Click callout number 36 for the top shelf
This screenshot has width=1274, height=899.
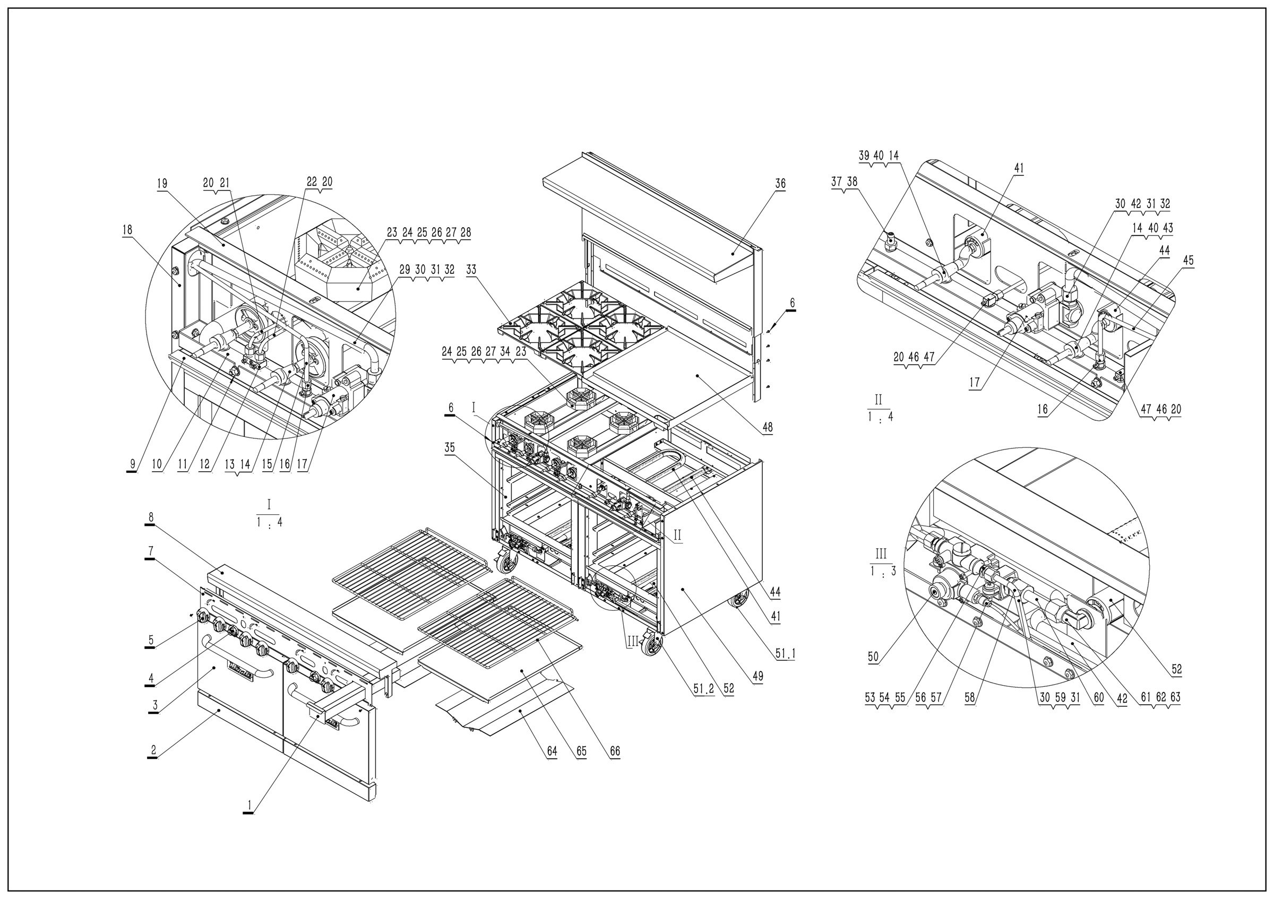click(780, 184)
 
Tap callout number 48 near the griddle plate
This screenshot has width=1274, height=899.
click(768, 427)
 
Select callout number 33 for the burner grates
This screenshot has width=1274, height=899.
click(471, 270)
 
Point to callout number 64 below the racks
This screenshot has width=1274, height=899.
click(552, 751)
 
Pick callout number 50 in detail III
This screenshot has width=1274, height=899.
click(873, 657)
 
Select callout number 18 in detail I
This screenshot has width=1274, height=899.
click(127, 230)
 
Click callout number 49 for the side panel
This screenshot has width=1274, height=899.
click(757, 676)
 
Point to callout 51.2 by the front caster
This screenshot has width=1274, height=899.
click(703, 688)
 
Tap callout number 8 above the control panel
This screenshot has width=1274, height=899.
click(150, 517)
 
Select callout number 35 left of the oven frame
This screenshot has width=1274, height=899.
click(450, 448)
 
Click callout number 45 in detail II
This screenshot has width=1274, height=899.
click(1188, 261)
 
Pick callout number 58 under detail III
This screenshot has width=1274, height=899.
click(969, 698)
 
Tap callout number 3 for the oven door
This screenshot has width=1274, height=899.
click(156, 705)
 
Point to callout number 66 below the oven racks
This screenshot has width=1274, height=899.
click(614, 751)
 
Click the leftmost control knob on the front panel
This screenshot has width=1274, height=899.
click(203, 616)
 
